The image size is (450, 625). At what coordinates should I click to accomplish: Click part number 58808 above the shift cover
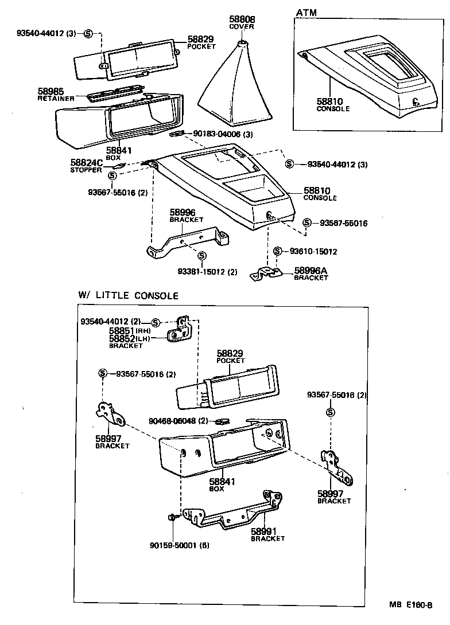241,19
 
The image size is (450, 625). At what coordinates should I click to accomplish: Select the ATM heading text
306,13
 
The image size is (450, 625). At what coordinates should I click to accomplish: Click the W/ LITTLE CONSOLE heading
129,296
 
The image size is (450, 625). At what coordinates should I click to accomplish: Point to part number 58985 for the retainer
51,91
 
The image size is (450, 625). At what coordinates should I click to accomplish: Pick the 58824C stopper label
87,163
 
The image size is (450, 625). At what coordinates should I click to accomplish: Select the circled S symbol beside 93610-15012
278,251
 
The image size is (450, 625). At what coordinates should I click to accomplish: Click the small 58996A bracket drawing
265,274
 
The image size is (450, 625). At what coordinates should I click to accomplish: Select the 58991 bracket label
265,532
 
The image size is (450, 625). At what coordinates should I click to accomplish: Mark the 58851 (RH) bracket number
122,331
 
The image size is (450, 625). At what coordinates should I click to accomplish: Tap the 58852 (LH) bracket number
122,339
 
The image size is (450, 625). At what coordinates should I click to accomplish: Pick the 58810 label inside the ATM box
329,101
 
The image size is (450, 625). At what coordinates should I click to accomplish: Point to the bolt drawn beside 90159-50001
172,518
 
